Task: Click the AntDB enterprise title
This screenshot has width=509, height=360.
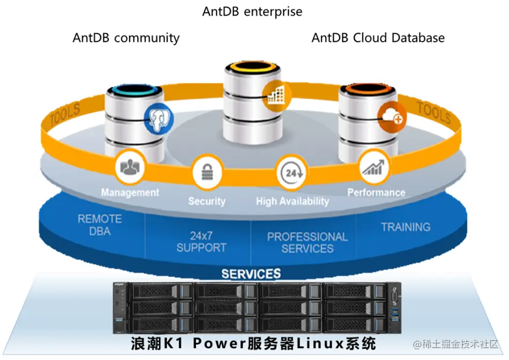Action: click(x=252, y=11)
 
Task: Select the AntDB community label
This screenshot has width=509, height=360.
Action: click(x=126, y=38)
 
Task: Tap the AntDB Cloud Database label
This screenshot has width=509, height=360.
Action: click(x=378, y=37)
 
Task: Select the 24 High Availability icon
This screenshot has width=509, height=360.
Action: click(x=291, y=174)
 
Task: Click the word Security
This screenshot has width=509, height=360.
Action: click(x=207, y=201)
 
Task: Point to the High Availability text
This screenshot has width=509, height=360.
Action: click(x=292, y=201)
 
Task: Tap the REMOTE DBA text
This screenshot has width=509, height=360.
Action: click(x=100, y=225)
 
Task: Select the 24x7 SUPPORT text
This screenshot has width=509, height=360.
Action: click(x=201, y=241)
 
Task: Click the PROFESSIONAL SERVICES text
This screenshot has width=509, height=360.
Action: click(x=307, y=242)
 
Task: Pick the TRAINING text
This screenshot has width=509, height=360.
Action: click(x=405, y=227)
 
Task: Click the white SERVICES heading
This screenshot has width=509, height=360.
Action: click(x=251, y=274)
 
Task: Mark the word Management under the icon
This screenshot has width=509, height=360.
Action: click(x=130, y=192)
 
